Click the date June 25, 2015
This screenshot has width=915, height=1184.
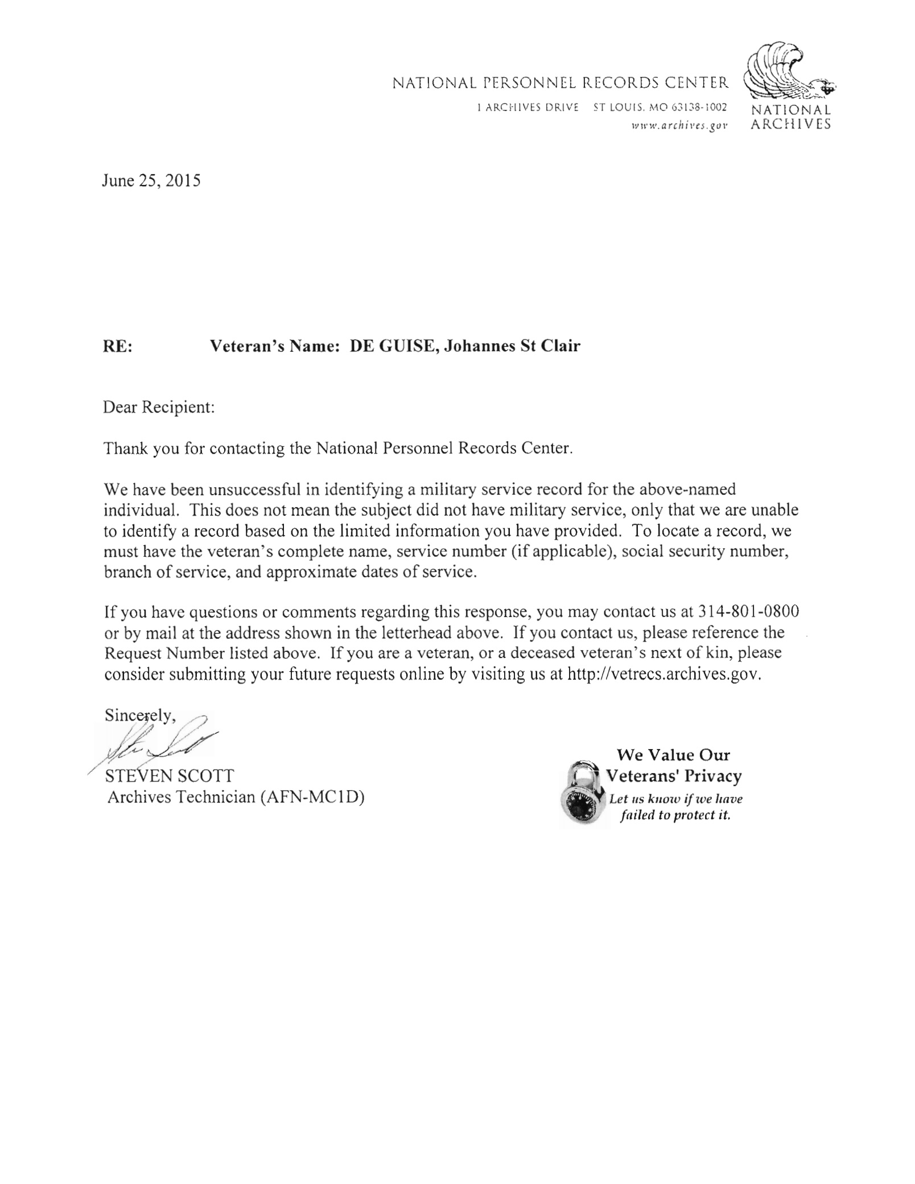[151, 181]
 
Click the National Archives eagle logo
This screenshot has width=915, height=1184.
[788, 72]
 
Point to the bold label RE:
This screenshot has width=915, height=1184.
[117, 346]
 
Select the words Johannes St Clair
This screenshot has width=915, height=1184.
[512, 346]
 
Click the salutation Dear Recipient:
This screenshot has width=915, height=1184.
[159, 408]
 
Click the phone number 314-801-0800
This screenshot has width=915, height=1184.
[740, 612]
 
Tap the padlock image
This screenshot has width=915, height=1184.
[582, 794]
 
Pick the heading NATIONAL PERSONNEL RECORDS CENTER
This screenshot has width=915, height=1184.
[560, 84]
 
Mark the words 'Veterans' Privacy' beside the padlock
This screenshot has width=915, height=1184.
[674, 776]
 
